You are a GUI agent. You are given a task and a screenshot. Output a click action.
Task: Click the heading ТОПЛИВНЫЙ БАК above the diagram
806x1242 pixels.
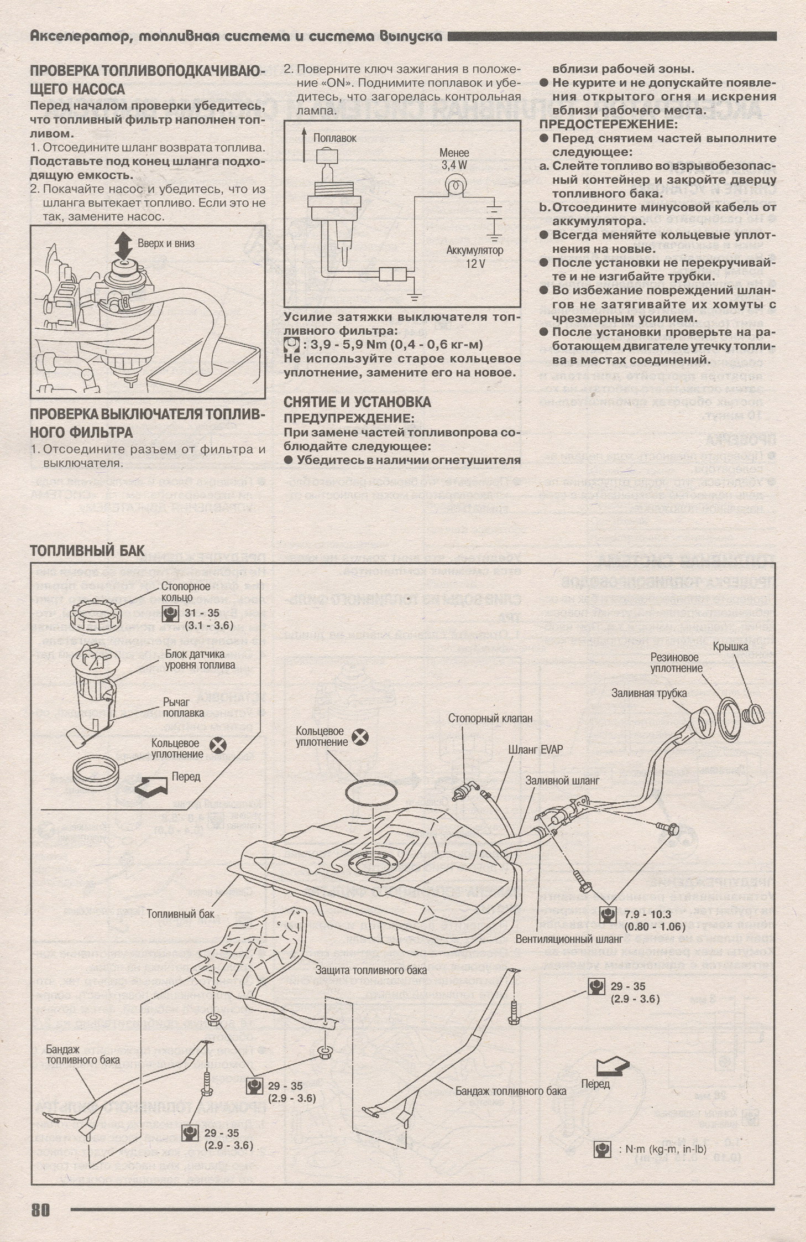click(87, 550)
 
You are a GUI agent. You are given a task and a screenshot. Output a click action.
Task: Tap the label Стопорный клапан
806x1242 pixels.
click(490, 718)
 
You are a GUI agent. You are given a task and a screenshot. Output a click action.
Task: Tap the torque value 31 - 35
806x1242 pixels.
click(202, 613)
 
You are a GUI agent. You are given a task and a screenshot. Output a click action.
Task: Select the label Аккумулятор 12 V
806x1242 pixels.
click(475, 257)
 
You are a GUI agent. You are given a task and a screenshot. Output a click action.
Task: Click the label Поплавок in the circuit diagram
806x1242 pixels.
click(335, 138)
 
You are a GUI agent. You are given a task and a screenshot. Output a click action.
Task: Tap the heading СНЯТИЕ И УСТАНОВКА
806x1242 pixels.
click(357, 402)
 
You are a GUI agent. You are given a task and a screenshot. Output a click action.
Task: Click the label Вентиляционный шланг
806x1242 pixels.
click(569, 939)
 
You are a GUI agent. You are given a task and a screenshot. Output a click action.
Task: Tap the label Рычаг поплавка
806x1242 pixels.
click(183, 708)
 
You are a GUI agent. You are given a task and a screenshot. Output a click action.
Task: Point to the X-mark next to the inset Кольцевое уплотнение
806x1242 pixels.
click(220, 745)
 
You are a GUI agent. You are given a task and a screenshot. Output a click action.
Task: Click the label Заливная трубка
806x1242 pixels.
click(649, 693)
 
